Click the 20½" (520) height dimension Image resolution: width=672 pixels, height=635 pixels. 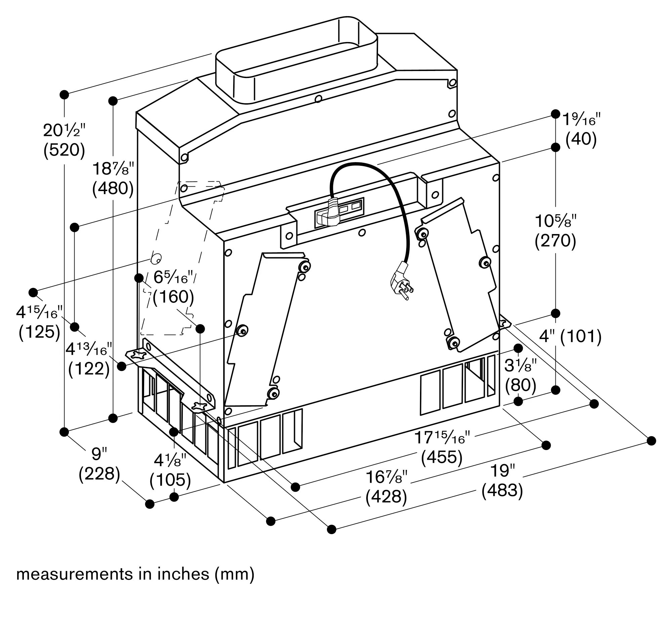64,140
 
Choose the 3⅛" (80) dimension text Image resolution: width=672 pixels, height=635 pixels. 520,375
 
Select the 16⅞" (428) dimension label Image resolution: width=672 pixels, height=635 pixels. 386,487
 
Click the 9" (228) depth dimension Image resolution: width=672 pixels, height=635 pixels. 99,464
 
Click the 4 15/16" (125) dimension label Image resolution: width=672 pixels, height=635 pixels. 39,322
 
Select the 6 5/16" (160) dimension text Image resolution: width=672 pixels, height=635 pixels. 173,287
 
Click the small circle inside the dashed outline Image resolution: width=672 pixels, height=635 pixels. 156,259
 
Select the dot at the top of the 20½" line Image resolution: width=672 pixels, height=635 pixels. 64,95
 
